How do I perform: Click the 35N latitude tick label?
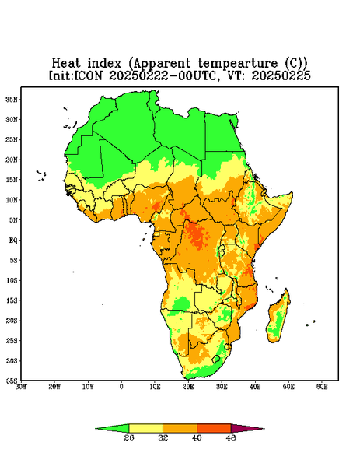(12, 100)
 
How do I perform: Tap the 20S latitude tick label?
(12, 321)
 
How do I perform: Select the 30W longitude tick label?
(21, 387)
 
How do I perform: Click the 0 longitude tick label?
(121, 387)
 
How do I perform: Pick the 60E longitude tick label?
(322, 387)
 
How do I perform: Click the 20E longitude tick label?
(188, 387)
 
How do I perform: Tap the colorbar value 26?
(129, 437)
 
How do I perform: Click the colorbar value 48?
(231, 437)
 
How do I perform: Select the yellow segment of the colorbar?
(145, 428)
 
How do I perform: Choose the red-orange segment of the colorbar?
(214, 428)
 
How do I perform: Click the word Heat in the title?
(66, 64)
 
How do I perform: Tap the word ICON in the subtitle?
(88, 75)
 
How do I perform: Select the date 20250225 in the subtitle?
(281, 75)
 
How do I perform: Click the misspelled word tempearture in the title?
(238, 64)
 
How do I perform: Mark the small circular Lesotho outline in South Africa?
(216, 359)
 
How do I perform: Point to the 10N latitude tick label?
(12, 200)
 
